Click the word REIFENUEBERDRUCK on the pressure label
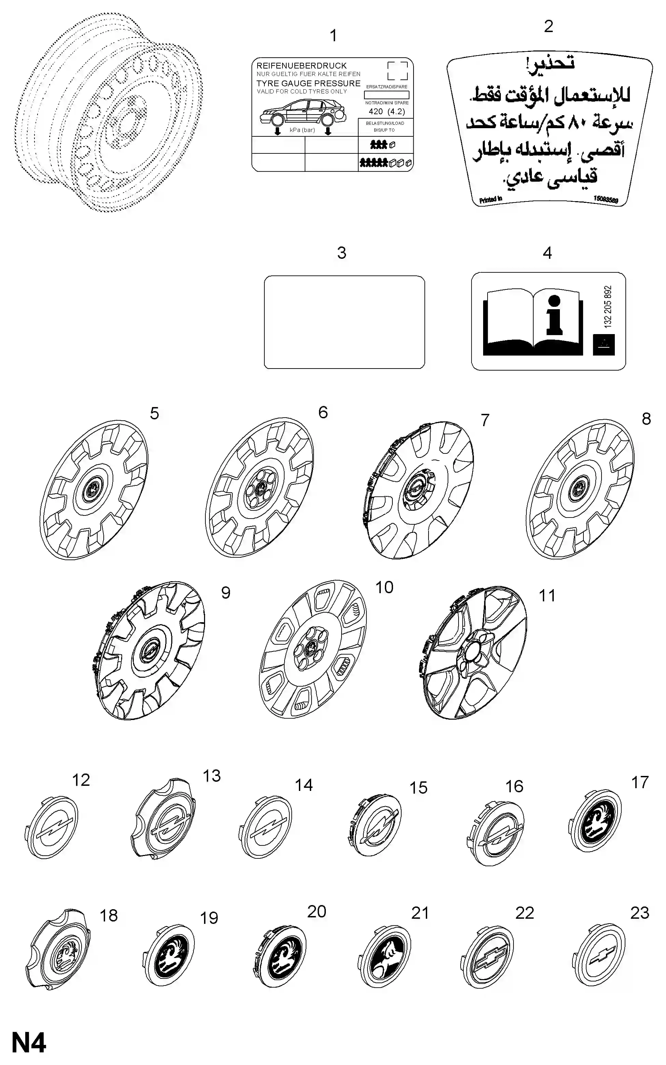pos(301,65)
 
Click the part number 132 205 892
pos(608,307)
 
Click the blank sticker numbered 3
pos(344,322)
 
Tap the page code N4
pos(29,1043)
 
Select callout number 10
pos(384,587)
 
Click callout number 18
pos(108,915)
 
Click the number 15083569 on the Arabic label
pos(605,199)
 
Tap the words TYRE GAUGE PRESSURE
pos(308,83)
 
